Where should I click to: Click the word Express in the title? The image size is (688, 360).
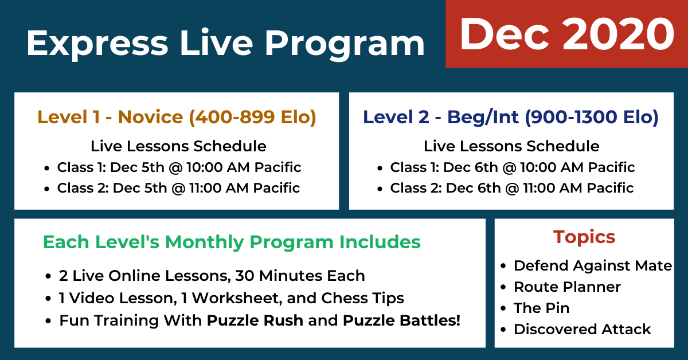coord(97,44)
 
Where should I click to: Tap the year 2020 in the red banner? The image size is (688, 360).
coord(619,34)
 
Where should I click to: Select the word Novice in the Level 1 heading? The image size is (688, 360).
coord(150,117)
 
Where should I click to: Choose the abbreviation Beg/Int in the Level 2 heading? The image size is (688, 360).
coord(483,117)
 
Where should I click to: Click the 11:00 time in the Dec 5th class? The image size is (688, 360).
coord(205,187)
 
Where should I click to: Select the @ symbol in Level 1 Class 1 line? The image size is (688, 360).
coord(175,168)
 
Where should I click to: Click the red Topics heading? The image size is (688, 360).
coord(584,237)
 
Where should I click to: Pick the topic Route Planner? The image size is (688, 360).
coord(567,287)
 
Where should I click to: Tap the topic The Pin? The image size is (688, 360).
coord(541,308)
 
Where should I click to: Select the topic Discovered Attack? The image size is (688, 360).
coord(583,329)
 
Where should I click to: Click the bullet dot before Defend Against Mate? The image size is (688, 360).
coord(503,266)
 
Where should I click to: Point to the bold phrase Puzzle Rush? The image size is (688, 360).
coord(255,320)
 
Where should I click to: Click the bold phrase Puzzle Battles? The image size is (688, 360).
coord(401,320)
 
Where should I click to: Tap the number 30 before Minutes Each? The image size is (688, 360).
coord(245,276)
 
